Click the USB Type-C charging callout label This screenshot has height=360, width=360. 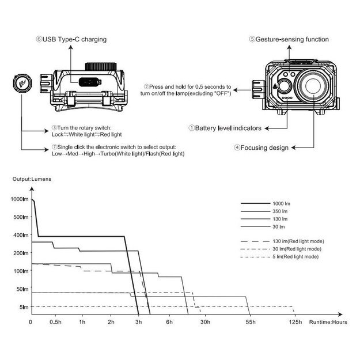point(72,39)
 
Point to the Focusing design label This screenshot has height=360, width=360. point(261,148)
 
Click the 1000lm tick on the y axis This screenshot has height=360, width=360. point(19,199)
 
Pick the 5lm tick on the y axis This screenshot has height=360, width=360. point(23,307)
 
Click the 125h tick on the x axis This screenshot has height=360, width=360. point(296,321)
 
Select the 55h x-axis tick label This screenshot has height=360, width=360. point(249,321)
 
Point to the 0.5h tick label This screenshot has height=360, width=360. point(56,321)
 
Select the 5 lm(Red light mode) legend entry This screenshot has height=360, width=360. point(295,256)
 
